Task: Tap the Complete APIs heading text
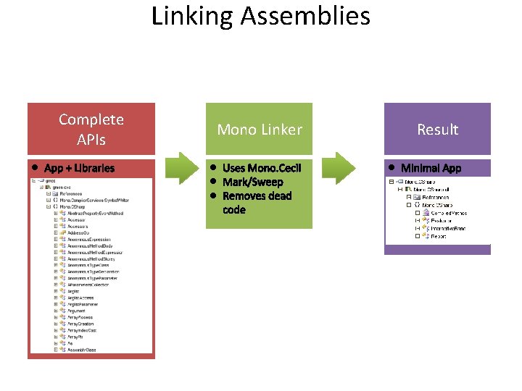(x=91, y=129)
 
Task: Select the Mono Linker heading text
(x=260, y=130)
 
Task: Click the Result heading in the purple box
(x=437, y=130)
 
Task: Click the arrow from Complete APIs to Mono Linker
(x=180, y=168)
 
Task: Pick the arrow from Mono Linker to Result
(x=339, y=168)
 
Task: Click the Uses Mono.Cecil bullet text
(x=262, y=168)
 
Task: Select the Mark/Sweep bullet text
(x=253, y=182)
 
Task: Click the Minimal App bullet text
(x=431, y=168)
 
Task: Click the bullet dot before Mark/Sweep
(x=215, y=182)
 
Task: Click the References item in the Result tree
(x=436, y=197)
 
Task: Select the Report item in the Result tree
(x=439, y=236)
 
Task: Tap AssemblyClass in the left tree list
(x=81, y=350)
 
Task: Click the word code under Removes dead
(x=234, y=210)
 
